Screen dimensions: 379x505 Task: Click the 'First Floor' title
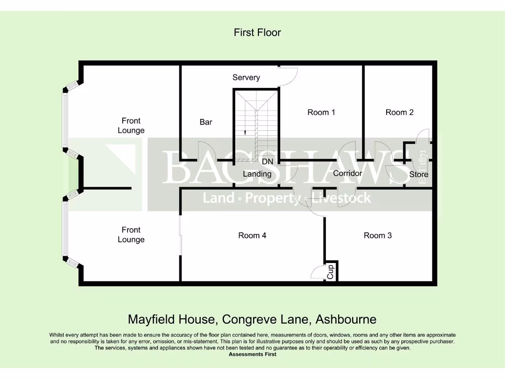pos(257,33)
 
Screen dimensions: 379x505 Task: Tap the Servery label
pos(246,77)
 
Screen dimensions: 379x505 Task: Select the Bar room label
pos(206,122)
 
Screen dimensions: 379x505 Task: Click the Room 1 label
pos(321,113)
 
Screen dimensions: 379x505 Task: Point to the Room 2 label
pos(399,113)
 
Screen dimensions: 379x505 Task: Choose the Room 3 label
pos(378,235)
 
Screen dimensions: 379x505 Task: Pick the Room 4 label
pos(252,235)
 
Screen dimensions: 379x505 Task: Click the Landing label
pos(257,174)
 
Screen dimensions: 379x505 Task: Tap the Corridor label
pos(347,173)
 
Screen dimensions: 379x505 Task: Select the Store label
pos(419,174)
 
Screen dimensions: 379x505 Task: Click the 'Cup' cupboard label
pos(331,271)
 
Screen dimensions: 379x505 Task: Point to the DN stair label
pos(267,161)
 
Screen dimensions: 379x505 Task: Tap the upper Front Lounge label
pos(131,125)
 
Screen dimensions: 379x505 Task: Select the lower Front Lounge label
pos(131,234)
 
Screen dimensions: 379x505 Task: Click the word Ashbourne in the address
pos(346,319)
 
